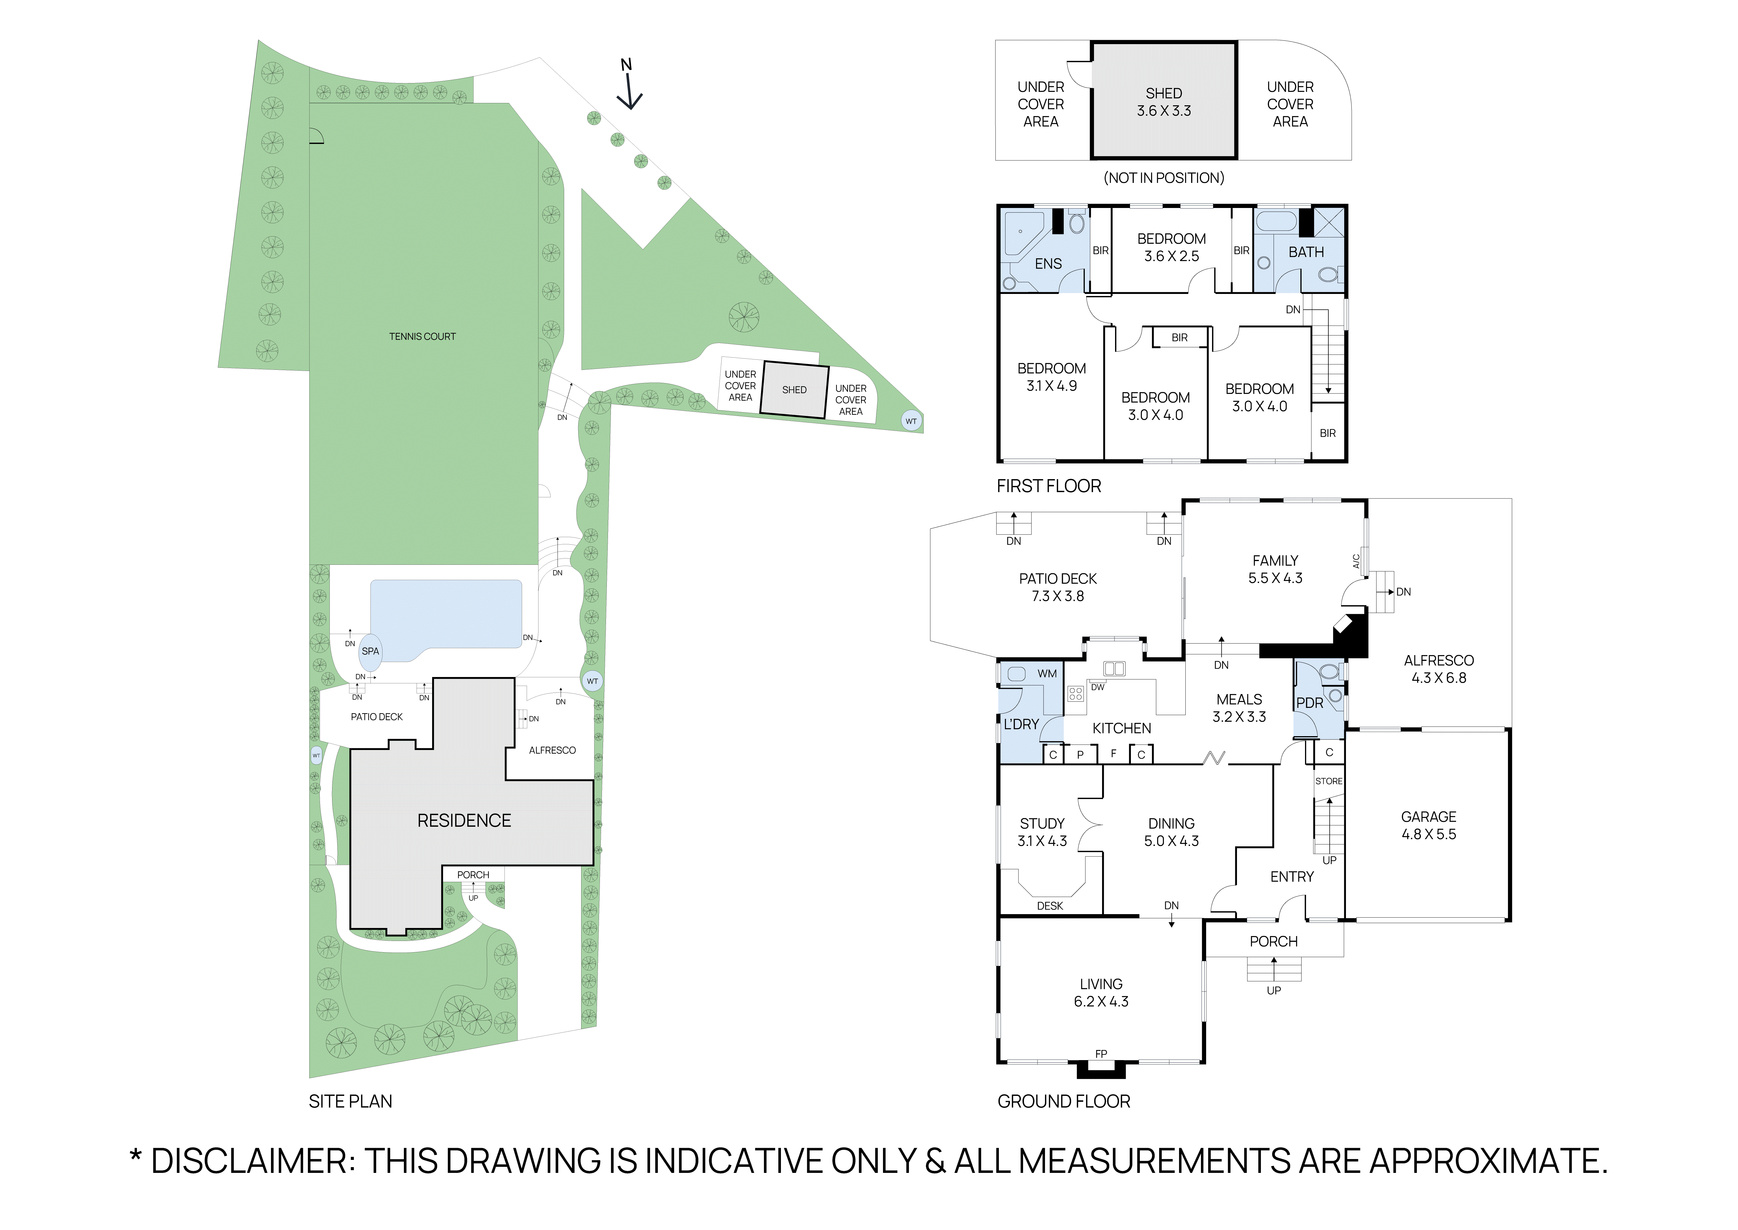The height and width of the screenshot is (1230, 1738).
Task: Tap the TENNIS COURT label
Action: point(422,336)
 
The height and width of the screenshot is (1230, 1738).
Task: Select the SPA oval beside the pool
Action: point(370,651)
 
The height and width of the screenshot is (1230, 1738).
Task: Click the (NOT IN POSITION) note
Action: point(1163,178)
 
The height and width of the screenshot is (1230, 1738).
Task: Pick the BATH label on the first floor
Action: point(1306,252)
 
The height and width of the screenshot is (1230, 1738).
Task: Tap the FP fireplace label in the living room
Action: point(1101,1053)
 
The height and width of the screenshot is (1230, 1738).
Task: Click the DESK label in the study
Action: point(1050,906)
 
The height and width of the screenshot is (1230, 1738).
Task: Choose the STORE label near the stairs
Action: point(1328,781)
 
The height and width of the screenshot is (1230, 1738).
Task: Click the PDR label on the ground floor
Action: point(1310,703)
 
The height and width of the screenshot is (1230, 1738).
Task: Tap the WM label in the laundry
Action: point(1047,673)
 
